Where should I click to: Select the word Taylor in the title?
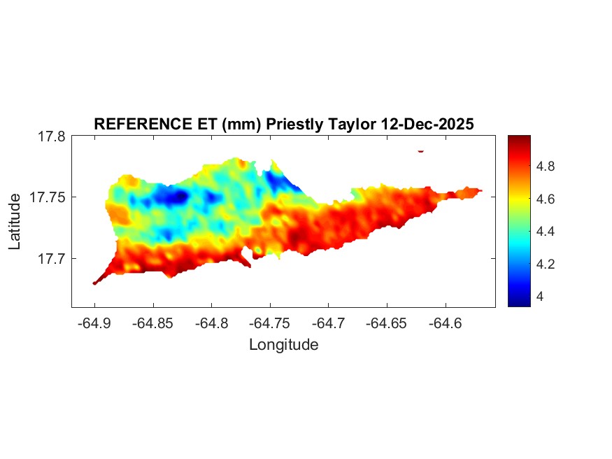350,124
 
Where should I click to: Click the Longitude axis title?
284,345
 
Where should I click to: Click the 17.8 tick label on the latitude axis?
51,137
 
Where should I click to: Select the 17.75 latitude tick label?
48,198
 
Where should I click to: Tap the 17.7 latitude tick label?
51,259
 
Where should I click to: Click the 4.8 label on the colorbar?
546,167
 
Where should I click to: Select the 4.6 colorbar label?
546,199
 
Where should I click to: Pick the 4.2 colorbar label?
546,264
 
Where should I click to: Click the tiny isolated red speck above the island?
421,150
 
